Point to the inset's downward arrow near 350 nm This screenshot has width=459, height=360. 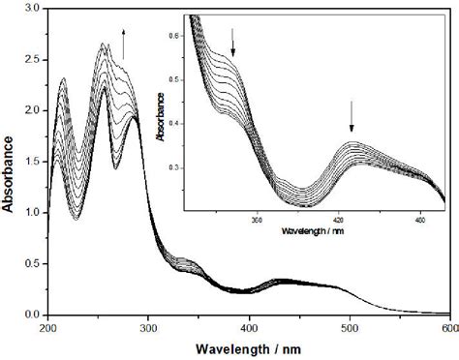(233, 42)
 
